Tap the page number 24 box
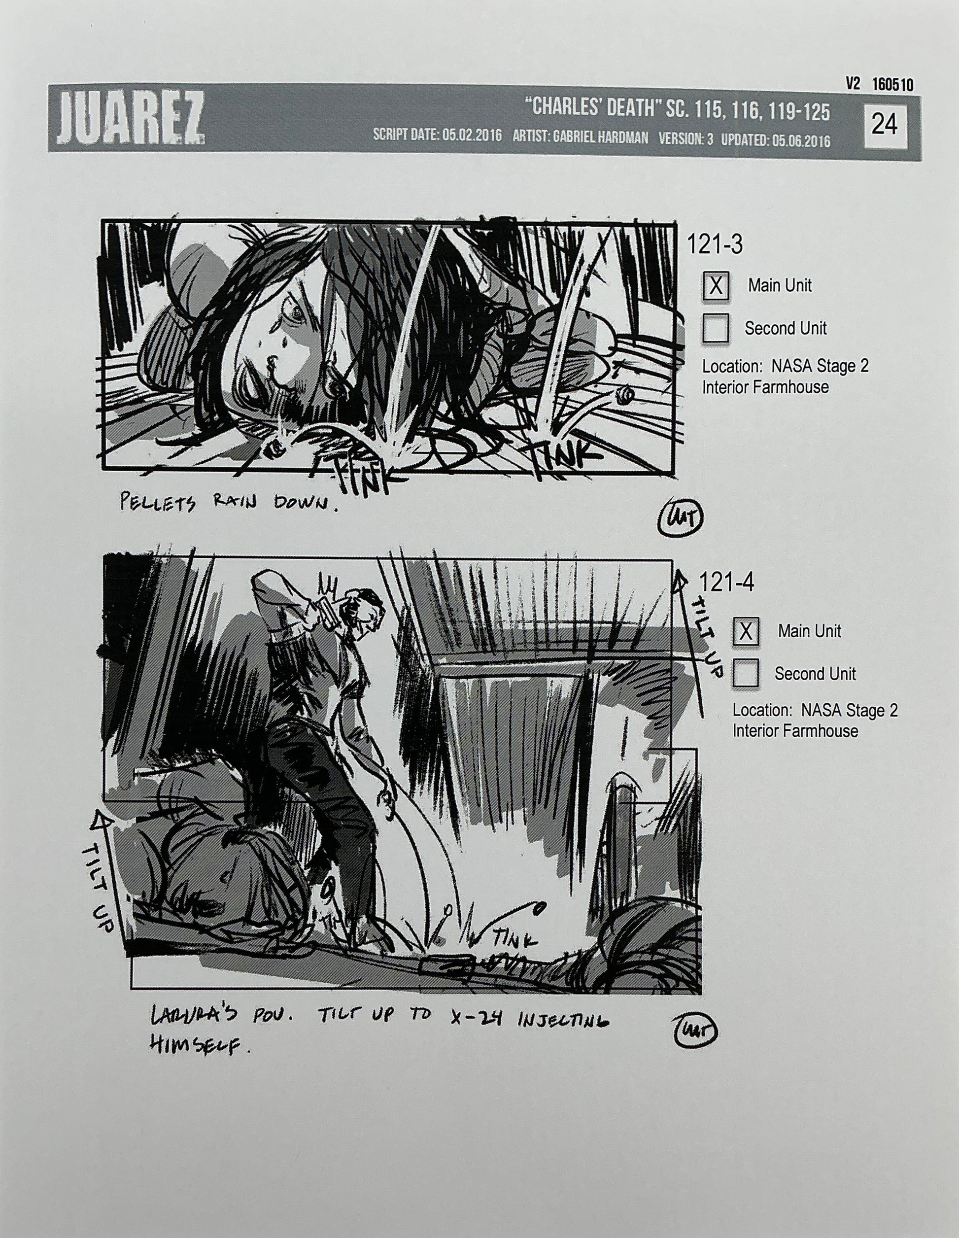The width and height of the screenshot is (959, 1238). [884, 124]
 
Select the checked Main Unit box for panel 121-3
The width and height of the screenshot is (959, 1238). [716, 285]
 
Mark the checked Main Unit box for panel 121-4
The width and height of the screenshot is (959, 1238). [746, 631]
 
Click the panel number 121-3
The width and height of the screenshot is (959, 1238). [715, 245]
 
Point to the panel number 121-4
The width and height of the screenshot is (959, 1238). [726, 583]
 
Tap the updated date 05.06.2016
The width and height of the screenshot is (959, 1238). [801, 140]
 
